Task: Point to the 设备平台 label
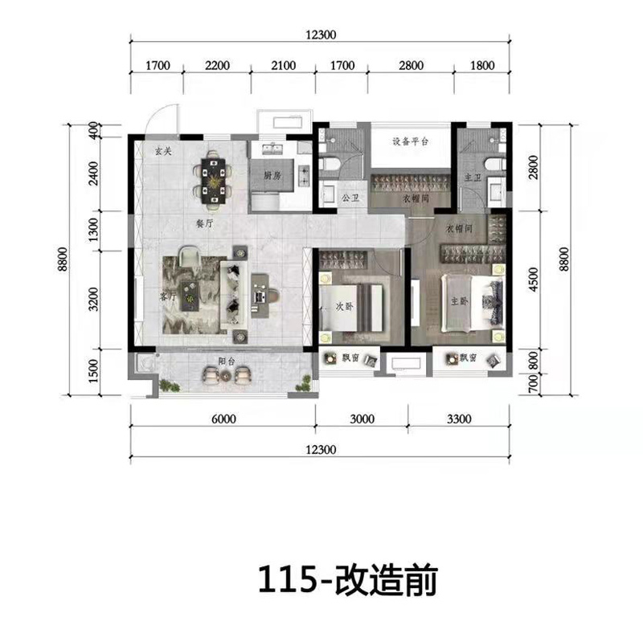coord(411,141)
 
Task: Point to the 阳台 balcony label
coord(224,361)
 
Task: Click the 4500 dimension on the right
coord(534,281)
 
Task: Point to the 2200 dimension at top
coord(218,65)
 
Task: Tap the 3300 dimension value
coord(457,417)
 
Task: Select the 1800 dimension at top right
coord(481,65)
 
